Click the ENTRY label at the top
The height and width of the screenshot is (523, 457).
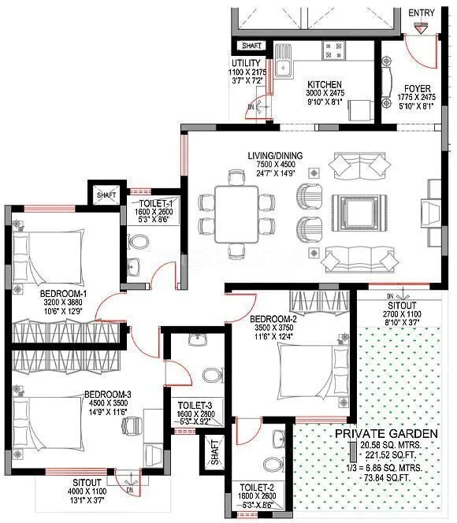[x=422, y=13]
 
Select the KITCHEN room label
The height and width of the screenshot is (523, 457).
[x=324, y=83]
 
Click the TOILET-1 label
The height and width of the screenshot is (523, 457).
[x=146, y=202]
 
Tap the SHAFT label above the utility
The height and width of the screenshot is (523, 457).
[x=252, y=46]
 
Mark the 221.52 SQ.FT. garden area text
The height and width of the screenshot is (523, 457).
[x=391, y=457]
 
